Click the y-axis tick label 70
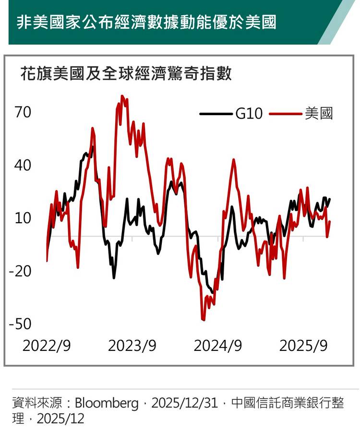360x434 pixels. (x=23, y=113)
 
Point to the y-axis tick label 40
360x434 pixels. (x=23, y=166)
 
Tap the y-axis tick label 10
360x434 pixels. (x=23, y=218)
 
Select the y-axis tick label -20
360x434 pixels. (x=20, y=271)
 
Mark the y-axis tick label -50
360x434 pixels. (x=20, y=324)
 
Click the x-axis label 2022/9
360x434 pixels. (x=47, y=346)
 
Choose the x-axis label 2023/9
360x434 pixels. (x=132, y=346)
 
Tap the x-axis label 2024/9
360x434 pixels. (x=217, y=346)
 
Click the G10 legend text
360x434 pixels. (x=249, y=114)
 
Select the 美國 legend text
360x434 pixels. (x=319, y=114)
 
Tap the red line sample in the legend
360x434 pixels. (x=287, y=114)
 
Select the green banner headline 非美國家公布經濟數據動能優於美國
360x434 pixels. (x=146, y=23)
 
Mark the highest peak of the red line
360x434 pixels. (x=122, y=96)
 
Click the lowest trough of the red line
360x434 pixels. (x=204, y=320)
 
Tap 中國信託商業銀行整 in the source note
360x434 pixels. (x=288, y=403)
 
